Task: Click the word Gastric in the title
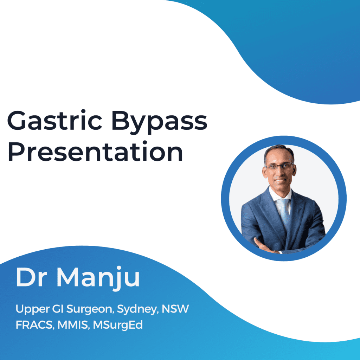tap(54, 120)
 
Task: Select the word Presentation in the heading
tap(95, 151)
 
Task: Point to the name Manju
tap(98, 278)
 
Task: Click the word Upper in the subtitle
tap(32, 309)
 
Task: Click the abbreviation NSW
tap(175, 309)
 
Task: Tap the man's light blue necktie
tap(284, 213)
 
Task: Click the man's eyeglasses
tap(279, 166)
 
